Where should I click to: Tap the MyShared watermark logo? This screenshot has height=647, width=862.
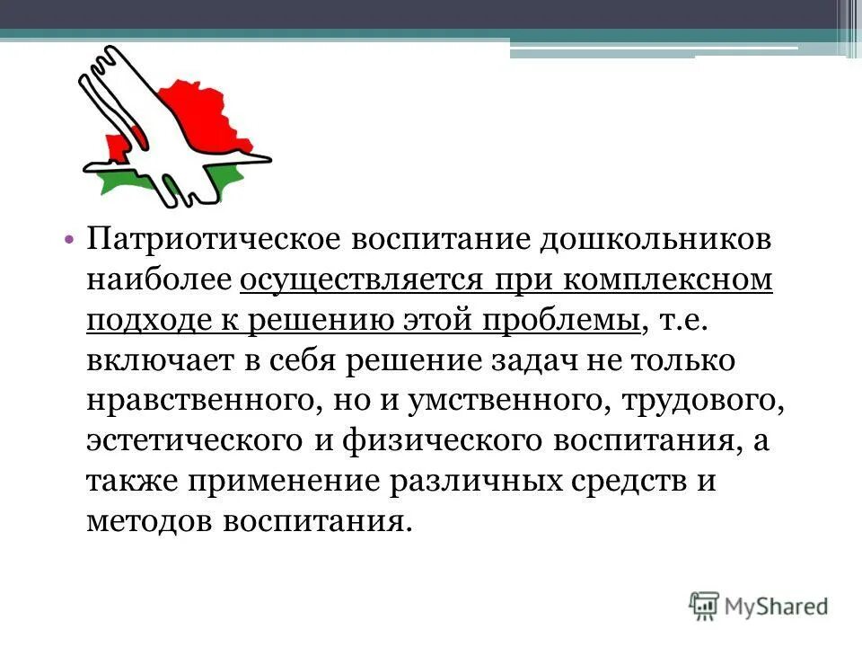759,605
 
